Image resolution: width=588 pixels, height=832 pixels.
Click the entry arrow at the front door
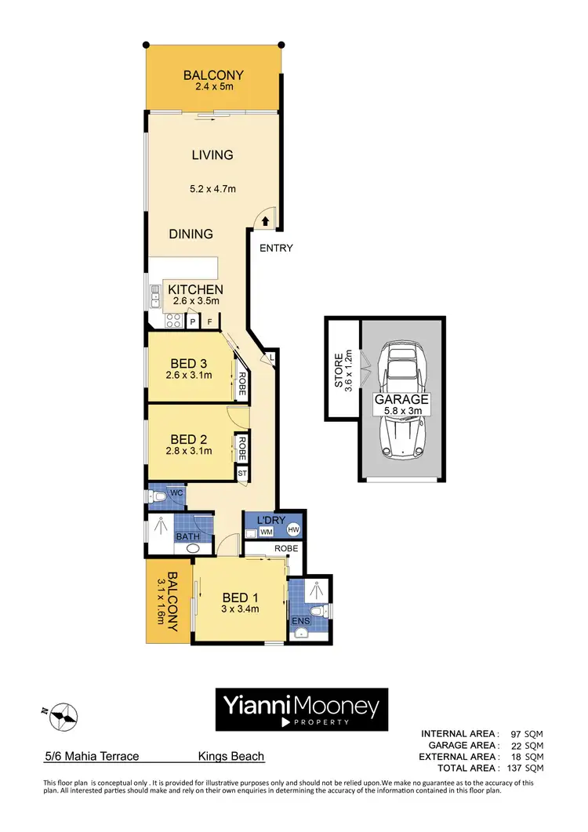[x=267, y=222]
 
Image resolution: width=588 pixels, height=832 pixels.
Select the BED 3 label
[x=189, y=363]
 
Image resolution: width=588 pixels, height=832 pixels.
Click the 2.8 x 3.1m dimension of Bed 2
[x=190, y=451]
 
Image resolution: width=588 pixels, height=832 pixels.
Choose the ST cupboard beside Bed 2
[x=242, y=474]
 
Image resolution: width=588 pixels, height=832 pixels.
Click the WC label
[x=177, y=492]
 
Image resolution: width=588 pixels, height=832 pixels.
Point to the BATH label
[x=187, y=536]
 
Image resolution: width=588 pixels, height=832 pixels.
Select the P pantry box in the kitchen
[x=192, y=322]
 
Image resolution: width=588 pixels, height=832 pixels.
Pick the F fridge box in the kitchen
[x=209, y=322]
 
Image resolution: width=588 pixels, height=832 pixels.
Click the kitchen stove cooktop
[x=172, y=320]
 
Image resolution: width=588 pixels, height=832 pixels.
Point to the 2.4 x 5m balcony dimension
[x=213, y=87]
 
